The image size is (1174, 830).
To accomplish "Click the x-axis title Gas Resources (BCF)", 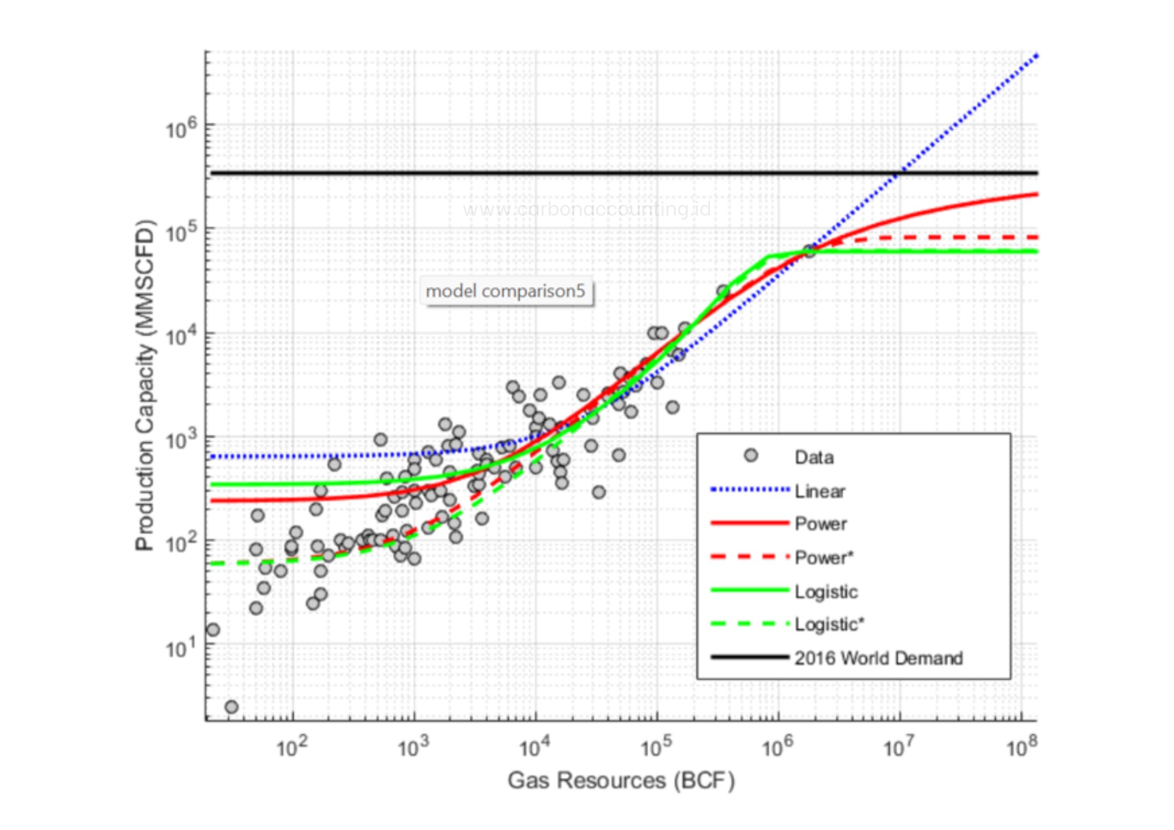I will pyautogui.click(x=621, y=781).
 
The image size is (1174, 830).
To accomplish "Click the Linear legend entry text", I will pyautogui.click(x=819, y=492).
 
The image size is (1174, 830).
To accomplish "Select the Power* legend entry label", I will pyautogui.click(x=824, y=558).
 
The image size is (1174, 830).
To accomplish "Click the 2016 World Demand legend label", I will pyautogui.click(x=878, y=658).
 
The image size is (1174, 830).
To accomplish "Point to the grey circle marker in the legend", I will pyautogui.click(x=751, y=455).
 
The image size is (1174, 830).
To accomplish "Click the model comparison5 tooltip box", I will pyautogui.click(x=506, y=291).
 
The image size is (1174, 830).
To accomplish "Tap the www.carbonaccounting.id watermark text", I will pyautogui.click(x=587, y=209).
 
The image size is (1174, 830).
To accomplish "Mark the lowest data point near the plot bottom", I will pyautogui.click(x=232, y=707).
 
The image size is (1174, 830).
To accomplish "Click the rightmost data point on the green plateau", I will pyautogui.click(x=809, y=251).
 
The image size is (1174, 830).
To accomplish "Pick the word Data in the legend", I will pyautogui.click(x=814, y=457).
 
